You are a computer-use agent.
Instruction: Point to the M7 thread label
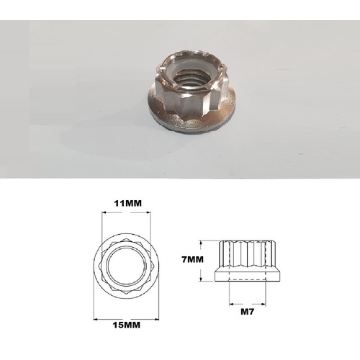(x=248, y=312)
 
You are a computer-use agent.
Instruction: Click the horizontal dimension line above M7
(x=248, y=302)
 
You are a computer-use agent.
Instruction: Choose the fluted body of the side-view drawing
(x=248, y=253)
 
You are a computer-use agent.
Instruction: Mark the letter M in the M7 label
(x=243, y=312)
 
